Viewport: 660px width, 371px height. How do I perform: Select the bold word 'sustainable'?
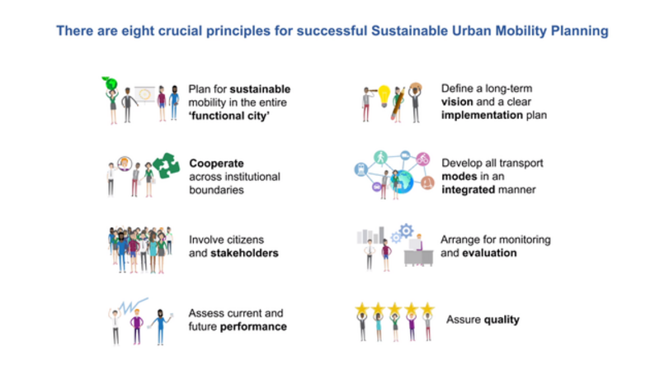(x=260, y=89)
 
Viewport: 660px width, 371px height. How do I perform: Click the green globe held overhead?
(x=111, y=84)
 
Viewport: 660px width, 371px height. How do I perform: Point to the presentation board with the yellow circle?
(x=145, y=94)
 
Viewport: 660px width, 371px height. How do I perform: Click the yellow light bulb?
(x=384, y=95)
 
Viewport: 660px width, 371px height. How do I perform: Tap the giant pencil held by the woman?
(x=397, y=104)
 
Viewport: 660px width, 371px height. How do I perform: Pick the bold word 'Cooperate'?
(x=216, y=163)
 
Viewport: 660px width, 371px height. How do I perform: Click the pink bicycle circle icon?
(x=422, y=159)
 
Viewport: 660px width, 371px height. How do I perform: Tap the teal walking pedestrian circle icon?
(x=380, y=157)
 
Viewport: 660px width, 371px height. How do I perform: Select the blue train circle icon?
(x=361, y=169)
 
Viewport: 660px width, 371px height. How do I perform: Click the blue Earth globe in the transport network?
(x=402, y=182)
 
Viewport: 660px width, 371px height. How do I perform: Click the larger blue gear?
(x=406, y=231)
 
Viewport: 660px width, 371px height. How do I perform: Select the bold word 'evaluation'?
(x=489, y=253)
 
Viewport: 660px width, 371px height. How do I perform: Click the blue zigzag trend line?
(x=134, y=305)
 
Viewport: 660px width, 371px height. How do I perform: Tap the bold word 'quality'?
(x=502, y=320)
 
